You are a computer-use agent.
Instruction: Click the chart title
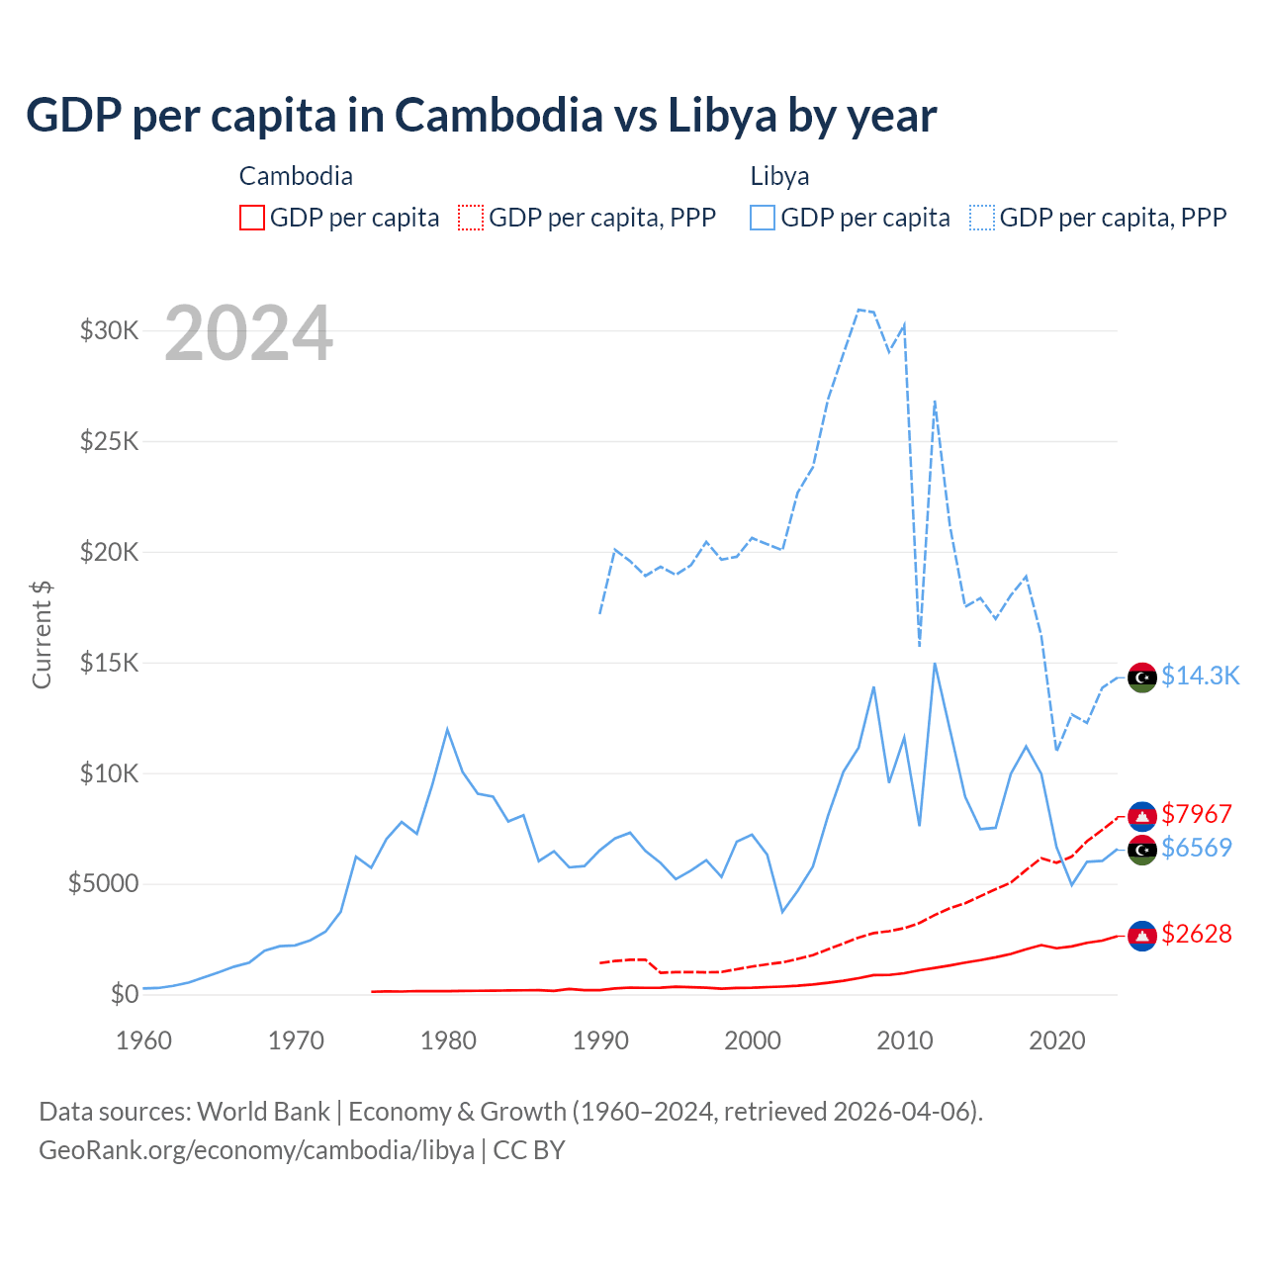click(481, 116)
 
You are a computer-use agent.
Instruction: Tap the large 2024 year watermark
click(248, 333)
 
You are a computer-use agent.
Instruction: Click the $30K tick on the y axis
click(110, 330)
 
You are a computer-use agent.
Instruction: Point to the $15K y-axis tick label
click(110, 663)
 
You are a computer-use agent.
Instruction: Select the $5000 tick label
click(104, 883)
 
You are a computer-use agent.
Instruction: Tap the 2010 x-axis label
click(905, 1040)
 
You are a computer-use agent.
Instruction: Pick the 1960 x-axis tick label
click(144, 1040)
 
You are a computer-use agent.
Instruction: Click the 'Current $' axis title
click(42, 634)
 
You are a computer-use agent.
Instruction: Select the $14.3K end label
click(1200, 676)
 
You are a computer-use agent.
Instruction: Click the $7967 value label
click(1197, 814)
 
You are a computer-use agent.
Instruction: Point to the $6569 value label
click(1197, 848)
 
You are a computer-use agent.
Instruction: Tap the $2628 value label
click(1197, 934)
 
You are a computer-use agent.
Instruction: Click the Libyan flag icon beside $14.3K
click(1142, 678)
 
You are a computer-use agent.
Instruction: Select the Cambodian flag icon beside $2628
click(1142, 936)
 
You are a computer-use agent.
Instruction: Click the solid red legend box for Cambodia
click(252, 218)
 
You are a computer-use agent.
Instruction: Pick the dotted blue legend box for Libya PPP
click(982, 218)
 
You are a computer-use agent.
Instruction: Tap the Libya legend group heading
click(779, 176)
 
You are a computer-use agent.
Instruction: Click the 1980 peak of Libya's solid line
click(447, 730)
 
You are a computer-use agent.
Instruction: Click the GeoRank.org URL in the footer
click(256, 1150)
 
